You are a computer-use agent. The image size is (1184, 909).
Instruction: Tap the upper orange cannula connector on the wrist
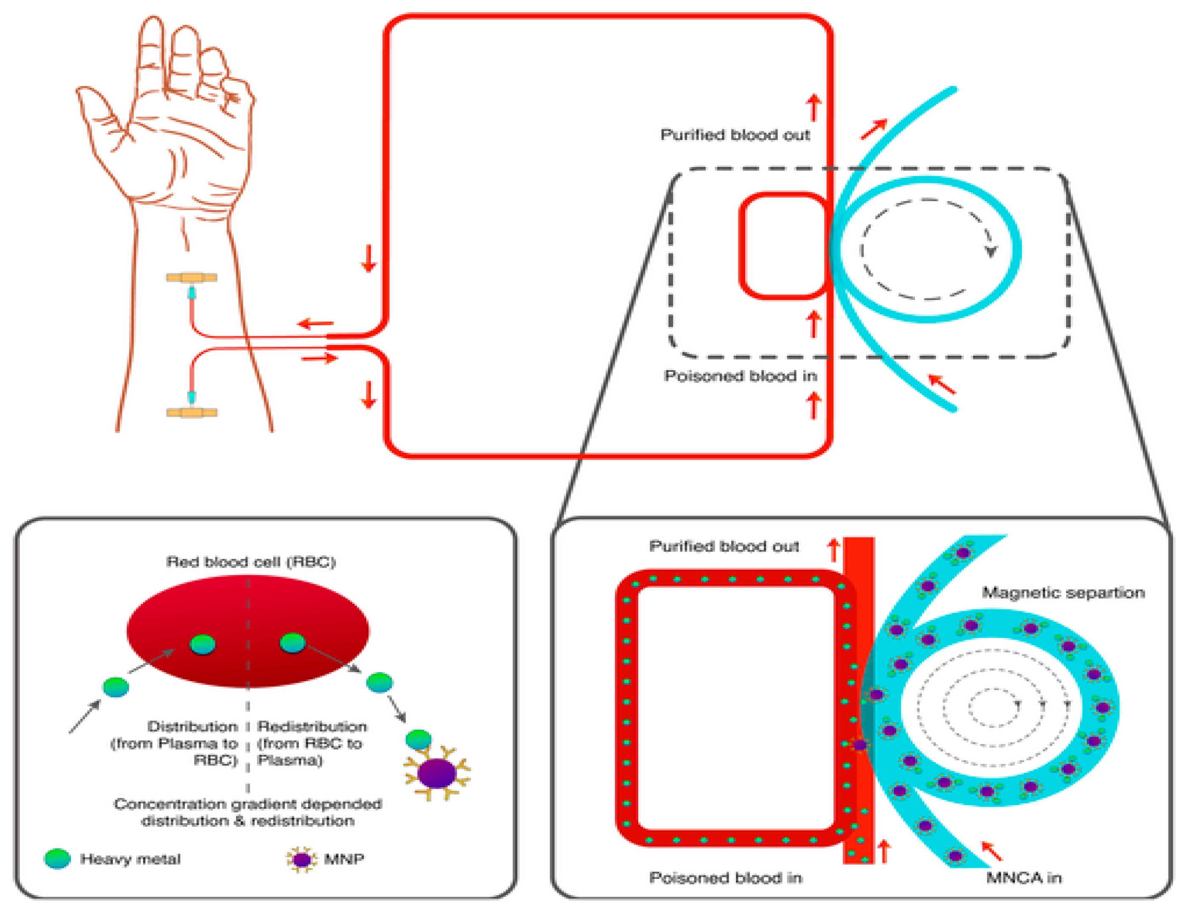191,278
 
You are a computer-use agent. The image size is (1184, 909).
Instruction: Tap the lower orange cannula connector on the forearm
191,413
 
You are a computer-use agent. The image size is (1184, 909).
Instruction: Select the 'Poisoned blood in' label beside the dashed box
740,376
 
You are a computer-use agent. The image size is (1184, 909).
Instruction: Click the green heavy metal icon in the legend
57,858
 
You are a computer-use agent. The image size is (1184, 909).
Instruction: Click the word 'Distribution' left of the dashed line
193,726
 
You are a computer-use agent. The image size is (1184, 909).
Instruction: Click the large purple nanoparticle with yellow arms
437,773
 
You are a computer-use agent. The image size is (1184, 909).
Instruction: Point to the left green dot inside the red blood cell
203,644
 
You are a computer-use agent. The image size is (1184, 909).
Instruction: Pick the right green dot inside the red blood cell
293,643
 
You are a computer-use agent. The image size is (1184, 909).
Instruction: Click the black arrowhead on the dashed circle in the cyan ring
991,252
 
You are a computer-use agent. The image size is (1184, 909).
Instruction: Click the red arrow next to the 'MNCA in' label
991,850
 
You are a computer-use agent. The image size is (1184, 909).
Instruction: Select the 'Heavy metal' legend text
130,858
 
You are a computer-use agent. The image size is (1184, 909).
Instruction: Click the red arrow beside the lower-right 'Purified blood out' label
834,550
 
